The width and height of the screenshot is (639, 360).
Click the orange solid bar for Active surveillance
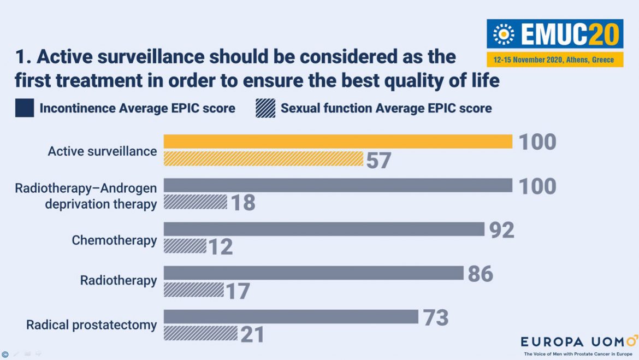[x=338, y=141]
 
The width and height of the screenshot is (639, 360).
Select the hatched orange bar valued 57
[x=263, y=158]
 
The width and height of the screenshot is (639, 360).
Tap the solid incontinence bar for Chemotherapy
[x=324, y=229]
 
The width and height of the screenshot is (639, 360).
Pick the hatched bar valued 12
[x=185, y=246]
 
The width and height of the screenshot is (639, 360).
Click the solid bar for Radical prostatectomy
[x=291, y=317]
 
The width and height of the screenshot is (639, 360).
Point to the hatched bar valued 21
[x=200, y=334]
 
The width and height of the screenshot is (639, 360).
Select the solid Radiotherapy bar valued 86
[x=313, y=273]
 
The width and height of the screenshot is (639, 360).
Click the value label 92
[x=501, y=230]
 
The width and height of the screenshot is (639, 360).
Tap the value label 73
[x=435, y=317]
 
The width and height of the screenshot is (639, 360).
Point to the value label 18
[x=243, y=203]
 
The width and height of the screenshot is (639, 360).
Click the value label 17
[x=238, y=291]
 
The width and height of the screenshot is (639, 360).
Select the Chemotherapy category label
[x=114, y=240]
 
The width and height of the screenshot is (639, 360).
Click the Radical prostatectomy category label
[x=92, y=325]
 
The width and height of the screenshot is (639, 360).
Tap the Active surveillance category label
[x=102, y=151]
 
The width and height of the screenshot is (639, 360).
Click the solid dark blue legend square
[x=25, y=108]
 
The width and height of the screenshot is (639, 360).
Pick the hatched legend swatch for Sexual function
[x=265, y=108]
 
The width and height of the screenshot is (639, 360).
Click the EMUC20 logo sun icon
[x=504, y=34]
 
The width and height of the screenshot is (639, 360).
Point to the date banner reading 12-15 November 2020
[x=554, y=60]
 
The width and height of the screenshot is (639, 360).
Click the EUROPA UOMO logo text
[x=578, y=342]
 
